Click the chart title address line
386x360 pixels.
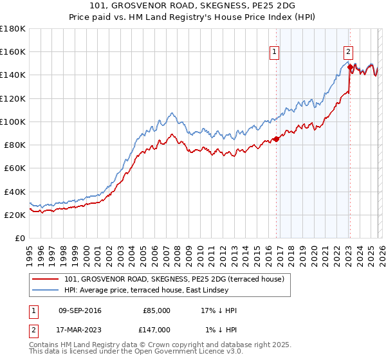point(193,6)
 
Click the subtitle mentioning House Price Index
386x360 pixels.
point(193,17)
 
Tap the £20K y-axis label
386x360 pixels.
point(15,215)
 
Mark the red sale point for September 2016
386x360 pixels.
point(276,138)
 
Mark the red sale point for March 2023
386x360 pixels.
point(350,66)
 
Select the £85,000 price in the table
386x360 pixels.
point(156,310)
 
